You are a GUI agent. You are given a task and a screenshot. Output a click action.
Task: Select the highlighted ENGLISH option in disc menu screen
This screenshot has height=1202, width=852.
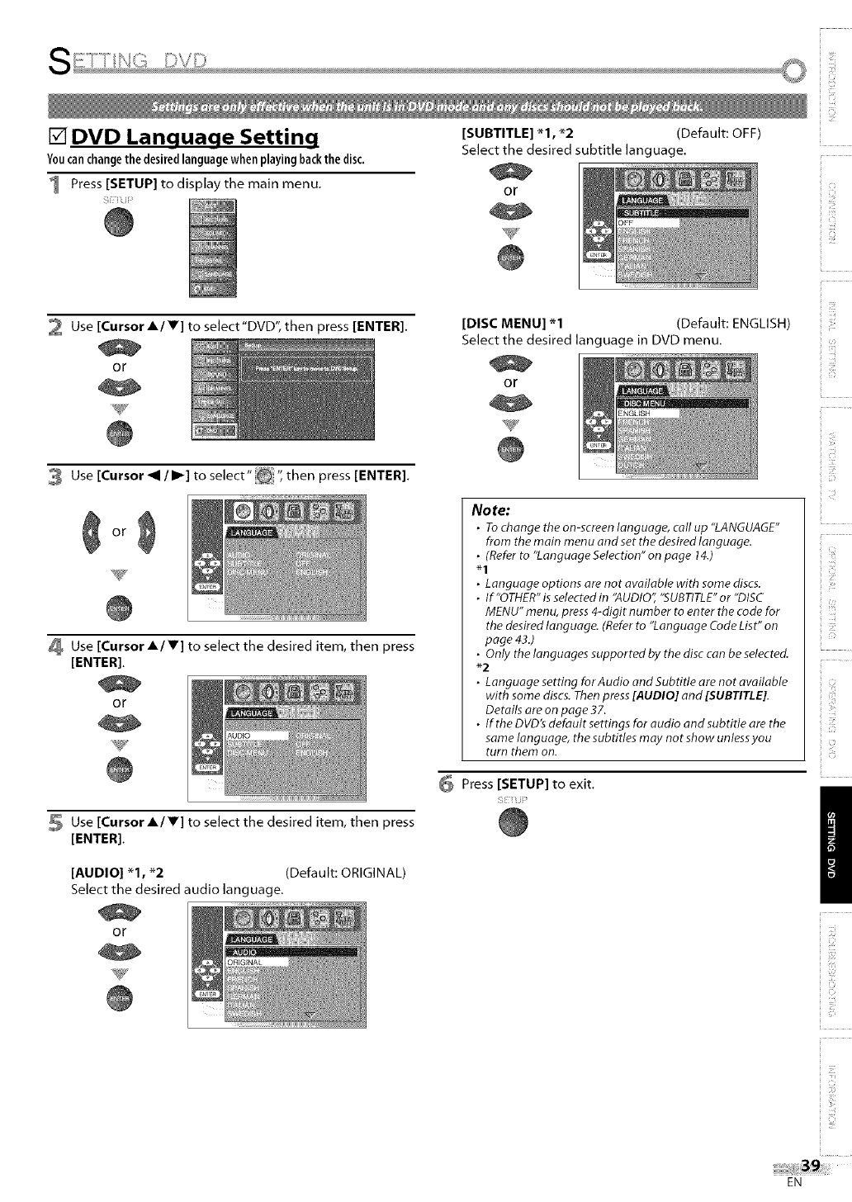pos(648,413)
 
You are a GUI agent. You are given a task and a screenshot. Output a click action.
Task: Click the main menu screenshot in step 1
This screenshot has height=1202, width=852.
pos(212,248)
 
